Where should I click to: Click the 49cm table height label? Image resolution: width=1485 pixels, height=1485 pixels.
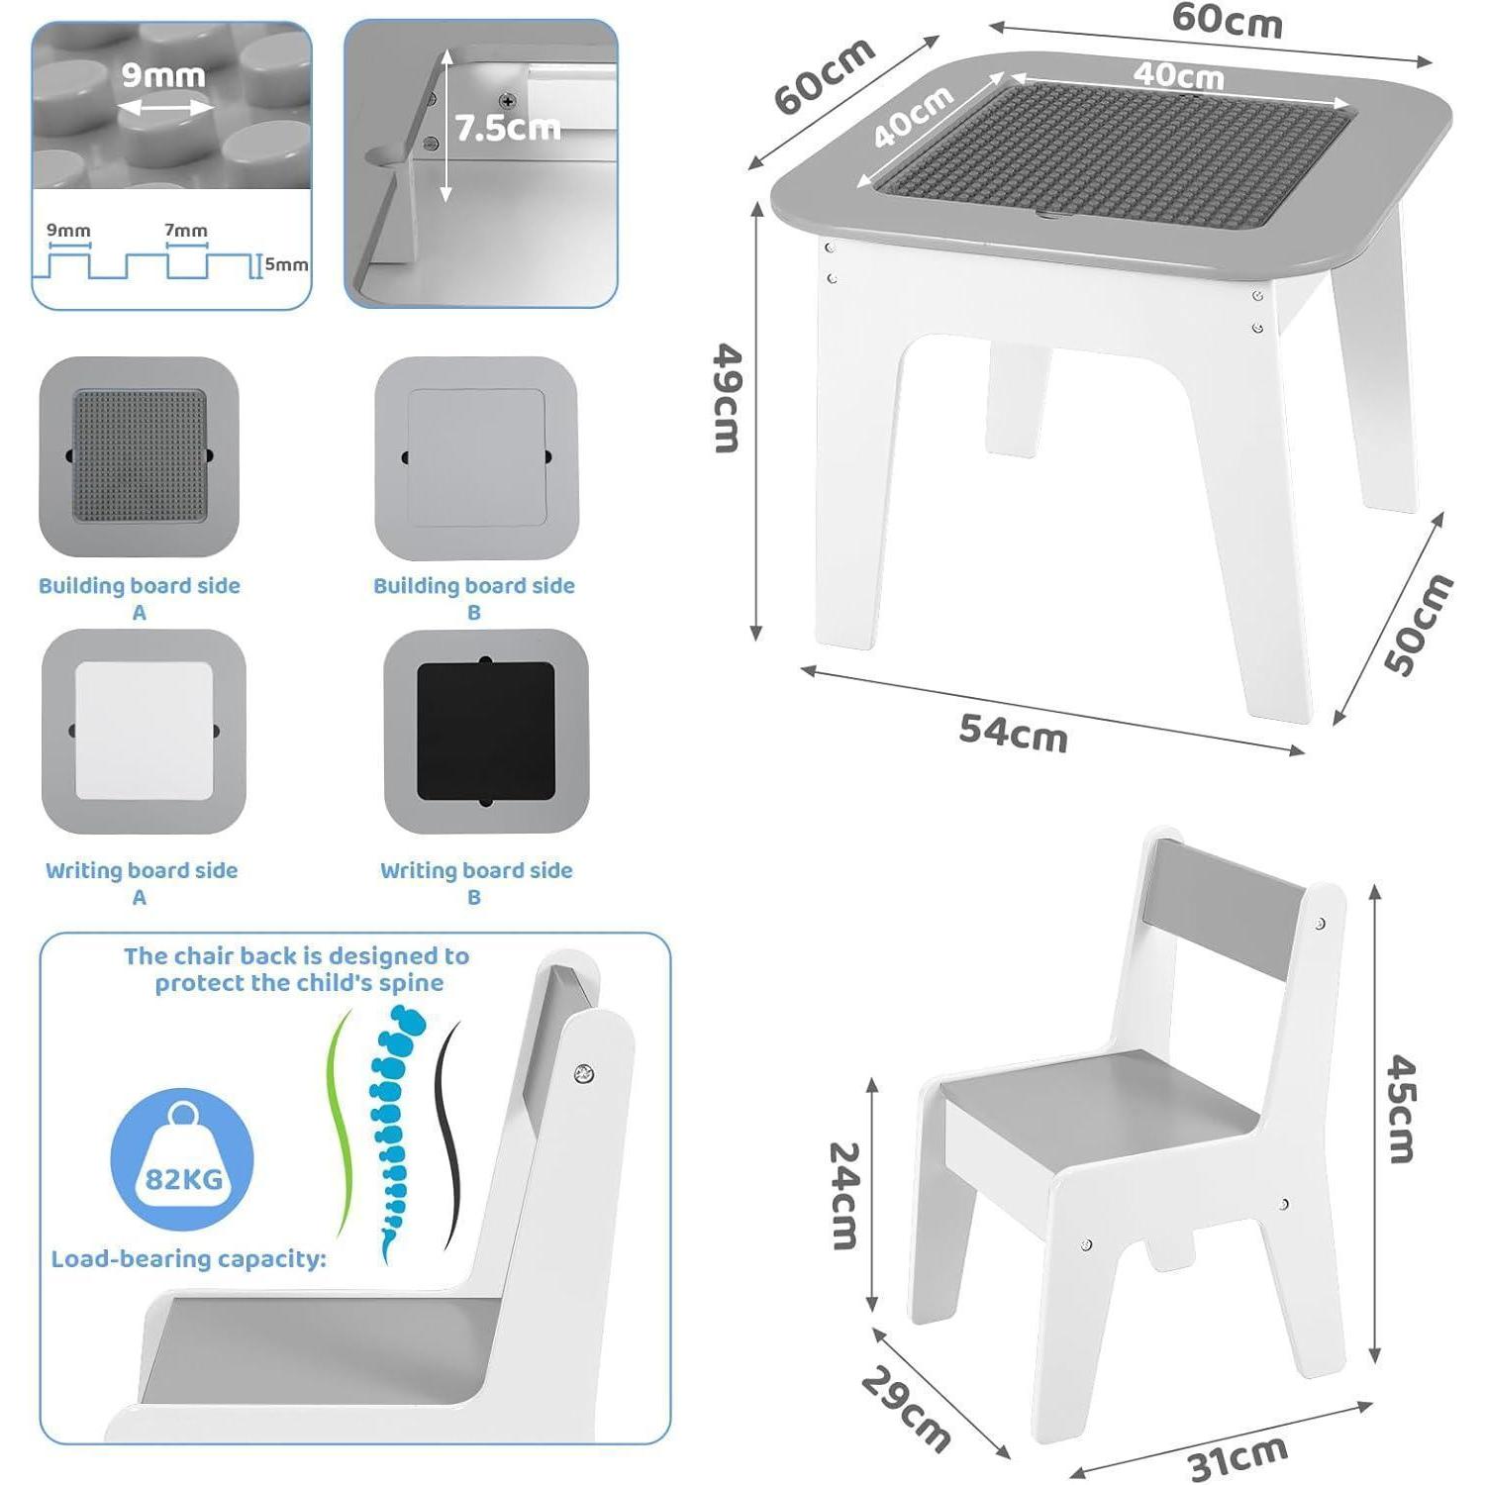[x=729, y=398]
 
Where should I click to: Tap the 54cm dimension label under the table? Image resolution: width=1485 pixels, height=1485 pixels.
[x=1014, y=734]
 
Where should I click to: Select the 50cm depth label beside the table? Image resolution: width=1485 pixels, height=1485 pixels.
[x=1418, y=625]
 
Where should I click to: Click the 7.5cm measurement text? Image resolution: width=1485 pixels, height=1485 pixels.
[x=507, y=128]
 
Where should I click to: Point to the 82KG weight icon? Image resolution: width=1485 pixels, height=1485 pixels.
[x=182, y=1159]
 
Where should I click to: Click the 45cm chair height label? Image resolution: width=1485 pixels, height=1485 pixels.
[x=1402, y=1109]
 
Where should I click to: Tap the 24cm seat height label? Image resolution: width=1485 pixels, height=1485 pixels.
[x=843, y=1195]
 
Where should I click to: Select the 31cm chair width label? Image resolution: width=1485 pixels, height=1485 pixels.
[x=1237, y=1457]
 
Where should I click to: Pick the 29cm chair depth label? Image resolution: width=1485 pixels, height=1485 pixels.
[x=906, y=1410]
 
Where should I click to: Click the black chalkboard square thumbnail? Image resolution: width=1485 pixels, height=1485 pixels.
[x=485, y=731]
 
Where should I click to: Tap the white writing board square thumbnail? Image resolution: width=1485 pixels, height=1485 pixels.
[x=144, y=731]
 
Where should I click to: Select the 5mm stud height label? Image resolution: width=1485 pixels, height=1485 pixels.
[x=286, y=264]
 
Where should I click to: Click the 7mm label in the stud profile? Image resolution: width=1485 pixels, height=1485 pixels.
[x=186, y=231]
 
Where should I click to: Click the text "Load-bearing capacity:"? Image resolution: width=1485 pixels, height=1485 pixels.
[x=188, y=1259]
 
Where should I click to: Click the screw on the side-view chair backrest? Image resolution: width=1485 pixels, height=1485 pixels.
[x=584, y=1073]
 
